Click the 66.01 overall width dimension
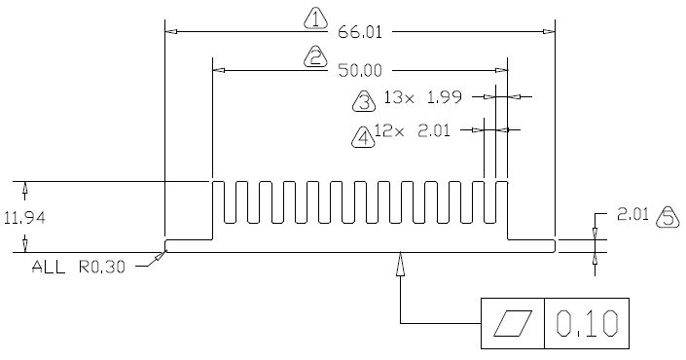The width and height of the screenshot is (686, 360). tap(360, 32)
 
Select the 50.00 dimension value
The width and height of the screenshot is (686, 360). tap(360, 70)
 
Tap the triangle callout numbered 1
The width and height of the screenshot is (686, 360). tap(316, 18)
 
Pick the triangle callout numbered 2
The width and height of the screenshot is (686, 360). tap(315, 57)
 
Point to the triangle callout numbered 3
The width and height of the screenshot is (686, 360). tap(364, 101)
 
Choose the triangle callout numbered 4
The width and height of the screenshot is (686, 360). tap(364, 137)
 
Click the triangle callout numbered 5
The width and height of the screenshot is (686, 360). tap(668, 217)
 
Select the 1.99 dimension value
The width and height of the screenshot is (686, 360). tap(445, 97)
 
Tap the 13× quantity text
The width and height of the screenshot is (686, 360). tap(399, 97)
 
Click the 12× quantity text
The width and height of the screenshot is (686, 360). tap(389, 130)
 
